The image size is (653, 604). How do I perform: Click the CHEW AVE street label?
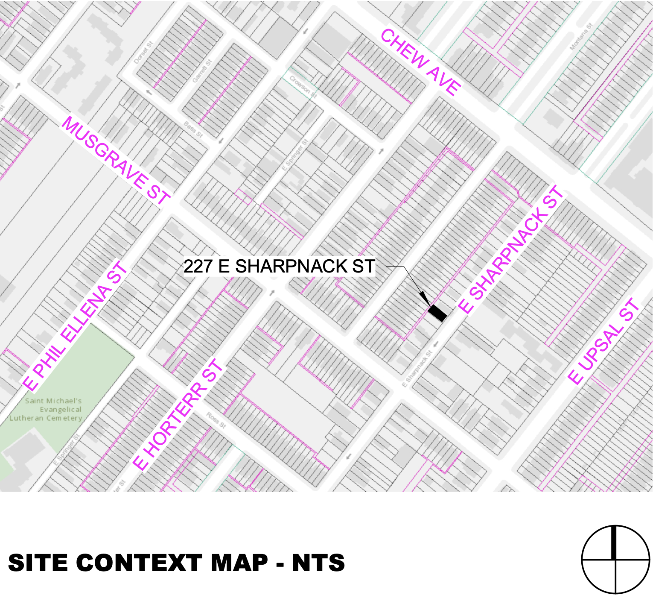pyautogui.click(x=420, y=62)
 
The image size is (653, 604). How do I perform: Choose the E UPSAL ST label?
pyautogui.click(x=604, y=342)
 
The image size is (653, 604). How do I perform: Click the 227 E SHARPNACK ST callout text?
pyautogui.click(x=279, y=266)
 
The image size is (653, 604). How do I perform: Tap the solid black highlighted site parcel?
pyautogui.click(x=438, y=313)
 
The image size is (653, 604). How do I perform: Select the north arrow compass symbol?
pyautogui.click(x=615, y=559)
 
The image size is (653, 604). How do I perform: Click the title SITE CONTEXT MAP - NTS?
pyautogui.click(x=176, y=563)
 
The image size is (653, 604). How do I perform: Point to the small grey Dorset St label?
pyautogui.click(x=143, y=53)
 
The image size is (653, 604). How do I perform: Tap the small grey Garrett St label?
pyautogui.click(x=202, y=71)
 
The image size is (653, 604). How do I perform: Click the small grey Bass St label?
pyautogui.click(x=193, y=129)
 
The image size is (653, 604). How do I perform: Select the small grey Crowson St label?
pyautogui.click(x=303, y=86)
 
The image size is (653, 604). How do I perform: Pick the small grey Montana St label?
pyautogui.click(x=581, y=36)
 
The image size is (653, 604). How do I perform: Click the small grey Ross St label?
pyautogui.click(x=216, y=420)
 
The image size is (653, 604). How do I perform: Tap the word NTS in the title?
pyautogui.click(x=318, y=563)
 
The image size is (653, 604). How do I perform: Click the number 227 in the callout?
pyautogui.click(x=198, y=266)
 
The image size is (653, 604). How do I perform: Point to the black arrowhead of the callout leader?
pyautogui.click(x=424, y=298)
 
